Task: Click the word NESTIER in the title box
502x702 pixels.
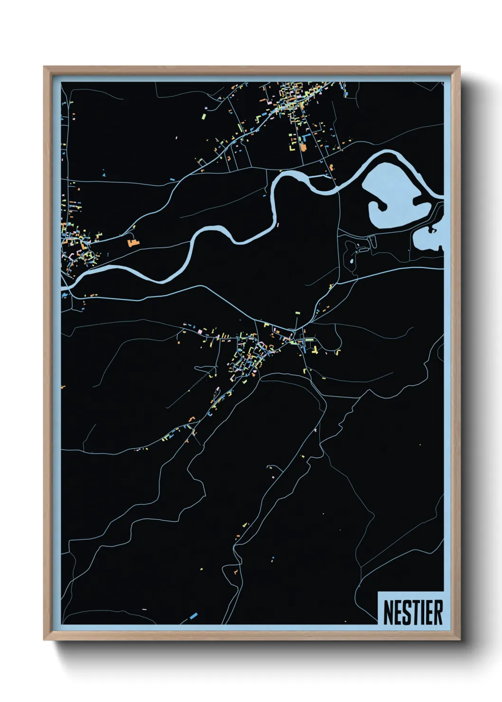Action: tap(412, 612)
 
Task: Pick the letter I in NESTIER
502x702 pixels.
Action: tap(425, 612)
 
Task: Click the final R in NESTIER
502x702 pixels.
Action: tap(438, 612)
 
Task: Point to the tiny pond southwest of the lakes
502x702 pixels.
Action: tap(351, 260)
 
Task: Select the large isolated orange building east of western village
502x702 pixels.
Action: tap(132, 242)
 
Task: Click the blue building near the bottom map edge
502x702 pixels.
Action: tap(193, 616)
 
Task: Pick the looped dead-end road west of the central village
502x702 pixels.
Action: tap(203, 368)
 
